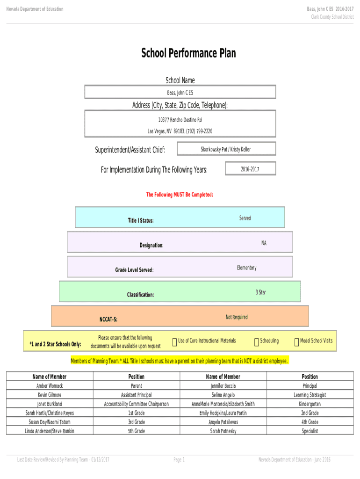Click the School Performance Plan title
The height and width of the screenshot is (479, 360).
tap(188, 53)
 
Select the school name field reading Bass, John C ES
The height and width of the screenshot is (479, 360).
tap(180, 92)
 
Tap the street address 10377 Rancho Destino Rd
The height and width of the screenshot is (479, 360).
tap(180, 120)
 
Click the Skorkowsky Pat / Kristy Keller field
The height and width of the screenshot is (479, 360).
tap(226, 149)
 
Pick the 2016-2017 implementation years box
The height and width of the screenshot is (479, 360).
tap(251, 168)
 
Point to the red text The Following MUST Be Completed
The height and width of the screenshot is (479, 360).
tap(180, 195)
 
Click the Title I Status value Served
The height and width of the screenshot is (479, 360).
tap(245, 218)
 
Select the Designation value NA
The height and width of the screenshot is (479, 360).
tap(264, 243)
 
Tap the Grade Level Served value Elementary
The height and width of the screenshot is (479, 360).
tap(247, 268)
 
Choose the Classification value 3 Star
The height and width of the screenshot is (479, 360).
tap(261, 292)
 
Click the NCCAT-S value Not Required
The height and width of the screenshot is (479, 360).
tap(237, 317)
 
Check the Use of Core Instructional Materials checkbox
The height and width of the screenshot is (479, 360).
tap(175, 342)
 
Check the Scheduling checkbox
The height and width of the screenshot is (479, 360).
tap(257, 342)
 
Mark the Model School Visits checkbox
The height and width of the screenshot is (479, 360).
tap(296, 342)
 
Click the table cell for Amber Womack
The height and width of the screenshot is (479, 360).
tap(50, 385)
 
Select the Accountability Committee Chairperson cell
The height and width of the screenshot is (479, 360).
tap(137, 404)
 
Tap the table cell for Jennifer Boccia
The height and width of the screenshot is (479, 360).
tap(223, 385)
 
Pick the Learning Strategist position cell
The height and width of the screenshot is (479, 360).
tap(310, 395)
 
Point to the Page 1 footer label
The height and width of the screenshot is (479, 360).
tap(179, 459)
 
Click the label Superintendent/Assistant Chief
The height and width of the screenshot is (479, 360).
tap(130, 150)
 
